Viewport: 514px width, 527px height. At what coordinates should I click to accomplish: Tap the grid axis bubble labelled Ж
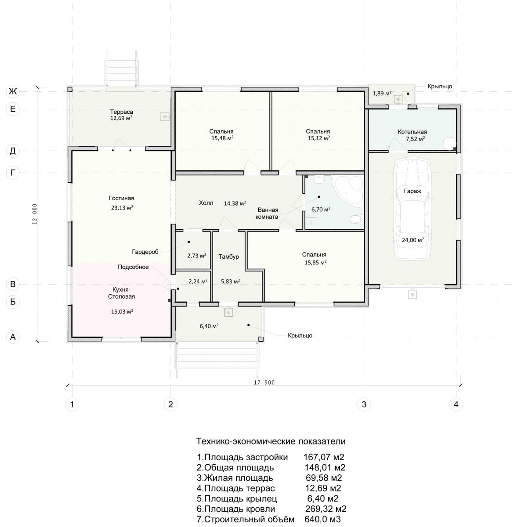click(x=13, y=91)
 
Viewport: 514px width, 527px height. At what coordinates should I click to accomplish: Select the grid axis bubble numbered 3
click(x=364, y=404)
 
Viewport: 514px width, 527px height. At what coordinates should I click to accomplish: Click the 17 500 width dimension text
click(x=264, y=383)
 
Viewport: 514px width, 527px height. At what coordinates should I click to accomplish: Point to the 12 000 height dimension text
click(x=34, y=214)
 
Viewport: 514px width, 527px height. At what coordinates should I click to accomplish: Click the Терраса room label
click(x=121, y=112)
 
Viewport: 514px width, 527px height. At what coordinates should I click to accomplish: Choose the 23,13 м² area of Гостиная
click(x=122, y=208)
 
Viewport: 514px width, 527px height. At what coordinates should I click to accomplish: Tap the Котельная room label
click(x=412, y=132)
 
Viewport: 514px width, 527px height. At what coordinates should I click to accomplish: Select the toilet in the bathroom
click(x=357, y=219)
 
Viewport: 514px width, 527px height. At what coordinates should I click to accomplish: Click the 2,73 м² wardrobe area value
click(x=197, y=256)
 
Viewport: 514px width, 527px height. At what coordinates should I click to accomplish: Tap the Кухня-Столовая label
click(x=121, y=293)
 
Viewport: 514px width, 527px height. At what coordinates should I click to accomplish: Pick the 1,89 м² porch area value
click(x=382, y=94)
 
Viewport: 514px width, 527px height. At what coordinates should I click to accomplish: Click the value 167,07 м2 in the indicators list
click(x=323, y=457)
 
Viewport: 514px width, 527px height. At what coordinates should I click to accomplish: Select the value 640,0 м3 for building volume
click(x=322, y=519)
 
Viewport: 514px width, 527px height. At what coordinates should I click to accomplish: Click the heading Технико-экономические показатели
click(x=271, y=441)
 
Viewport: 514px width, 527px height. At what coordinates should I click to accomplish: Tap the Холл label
click(x=206, y=203)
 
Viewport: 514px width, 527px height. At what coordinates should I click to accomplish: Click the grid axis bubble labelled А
click(x=13, y=337)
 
